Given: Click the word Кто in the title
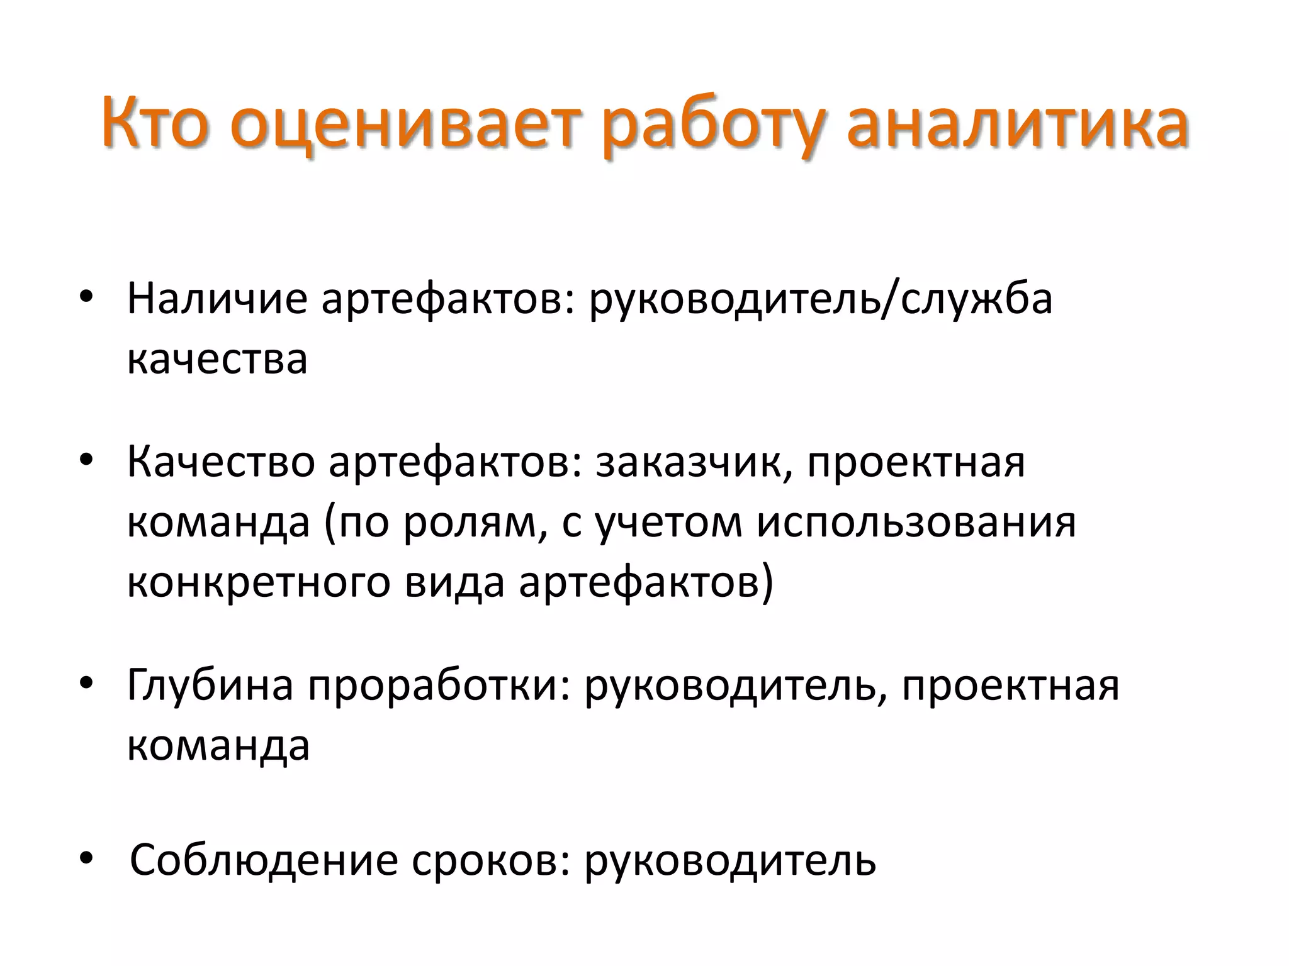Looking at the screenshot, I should click(x=155, y=123).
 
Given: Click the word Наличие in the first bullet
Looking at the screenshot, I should click(x=217, y=298).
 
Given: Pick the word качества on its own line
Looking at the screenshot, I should click(x=217, y=360).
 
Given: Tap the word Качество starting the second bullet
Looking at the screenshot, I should click(x=221, y=462).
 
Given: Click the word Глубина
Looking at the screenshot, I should click(x=210, y=686).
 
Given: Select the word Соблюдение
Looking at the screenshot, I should click(x=264, y=860).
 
